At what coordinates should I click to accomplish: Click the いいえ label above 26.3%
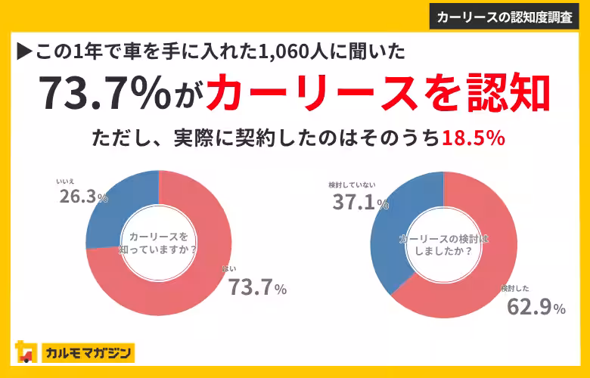click(x=65, y=181)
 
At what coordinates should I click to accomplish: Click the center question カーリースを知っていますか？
click(x=158, y=243)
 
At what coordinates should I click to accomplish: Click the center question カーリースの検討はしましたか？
click(x=442, y=244)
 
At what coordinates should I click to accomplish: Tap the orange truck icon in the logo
click(x=26, y=352)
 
